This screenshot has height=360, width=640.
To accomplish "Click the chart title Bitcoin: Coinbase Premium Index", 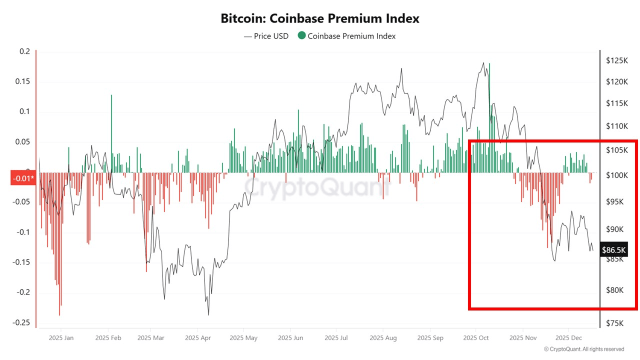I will click(320, 19).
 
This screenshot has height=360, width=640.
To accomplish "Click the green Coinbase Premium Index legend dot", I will click(301, 36).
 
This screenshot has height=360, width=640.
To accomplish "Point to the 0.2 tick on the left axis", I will click(25, 51).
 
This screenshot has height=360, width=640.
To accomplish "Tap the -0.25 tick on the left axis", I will click(22, 322).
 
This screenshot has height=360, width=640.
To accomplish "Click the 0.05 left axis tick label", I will click(23, 142).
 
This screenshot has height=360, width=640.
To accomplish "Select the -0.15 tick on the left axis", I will click(22, 262).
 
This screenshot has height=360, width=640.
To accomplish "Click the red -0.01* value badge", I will click(22, 178).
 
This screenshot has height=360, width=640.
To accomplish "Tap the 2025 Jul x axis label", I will click(336, 338).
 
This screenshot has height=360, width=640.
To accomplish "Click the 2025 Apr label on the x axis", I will click(197, 338).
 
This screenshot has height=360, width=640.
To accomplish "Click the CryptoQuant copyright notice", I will click(584, 349).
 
